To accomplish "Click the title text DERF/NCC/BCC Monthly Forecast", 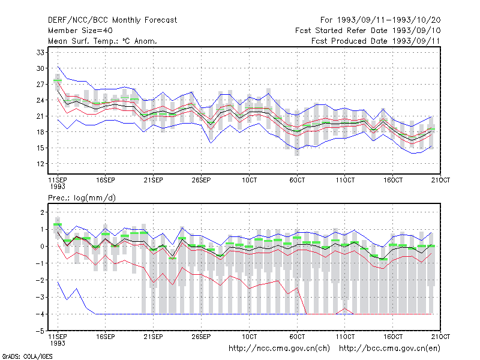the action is pyautogui.click(x=112, y=20).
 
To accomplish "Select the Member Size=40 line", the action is pyautogui.click(x=80, y=31).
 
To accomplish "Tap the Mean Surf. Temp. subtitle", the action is pyautogui.click(x=102, y=41).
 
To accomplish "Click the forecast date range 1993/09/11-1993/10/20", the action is pyautogui.click(x=380, y=20).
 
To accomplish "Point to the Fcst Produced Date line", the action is pyautogui.click(x=376, y=41).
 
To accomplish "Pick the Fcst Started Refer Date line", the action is pyautogui.click(x=368, y=31).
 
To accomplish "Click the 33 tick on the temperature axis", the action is pyautogui.click(x=40, y=52).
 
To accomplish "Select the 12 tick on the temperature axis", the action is pyautogui.click(x=40, y=164).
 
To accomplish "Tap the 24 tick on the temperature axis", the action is pyautogui.click(x=40, y=100).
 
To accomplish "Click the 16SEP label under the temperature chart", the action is pyautogui.click(x=106, y=180).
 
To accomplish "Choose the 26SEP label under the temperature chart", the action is pyautogui.click(x=201, y=180).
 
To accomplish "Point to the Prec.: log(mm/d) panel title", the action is pyautogui.click(x=82, y=198).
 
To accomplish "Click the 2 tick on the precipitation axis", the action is pyautogui.click(x=42, y=212).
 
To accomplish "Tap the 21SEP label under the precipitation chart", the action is pyautogui.click(x=154, y=337).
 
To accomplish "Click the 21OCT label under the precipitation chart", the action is pyautogui.click(x=440, y=337).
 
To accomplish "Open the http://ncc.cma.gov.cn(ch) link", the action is pyautogui.click(x=279, y=349).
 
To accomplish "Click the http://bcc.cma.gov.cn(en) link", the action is pyautogui.click(x=389, y=349).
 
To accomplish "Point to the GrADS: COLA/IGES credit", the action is pyautogui.click(x=27, y=356).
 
